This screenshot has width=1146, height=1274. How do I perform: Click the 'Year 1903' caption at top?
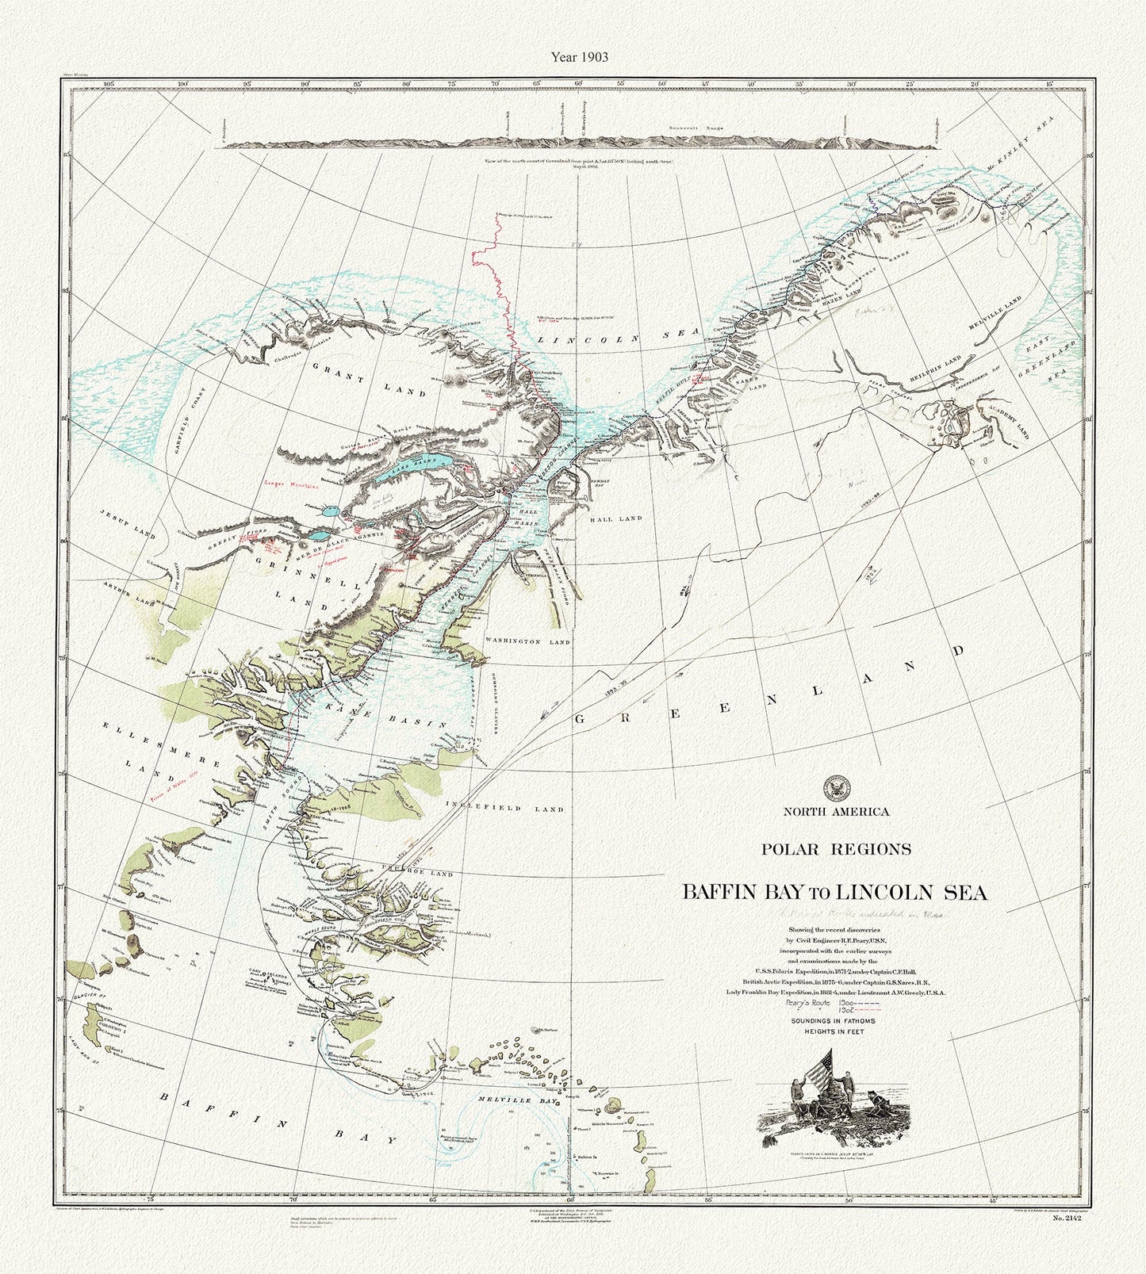point(573,56)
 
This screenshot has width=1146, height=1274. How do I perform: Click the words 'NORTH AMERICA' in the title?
point(837,811)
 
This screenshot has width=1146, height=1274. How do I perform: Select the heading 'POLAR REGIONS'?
point(836,848)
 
